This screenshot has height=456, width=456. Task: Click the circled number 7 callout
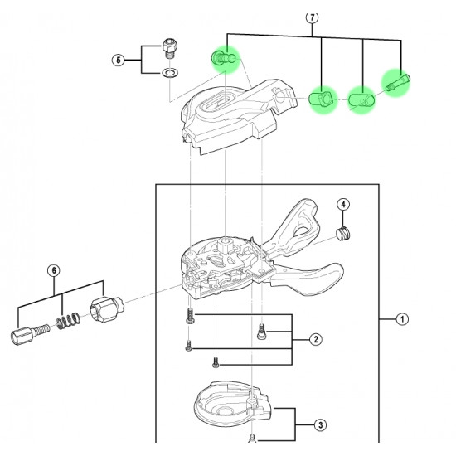(312, 17)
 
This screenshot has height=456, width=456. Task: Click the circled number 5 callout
(119, 61)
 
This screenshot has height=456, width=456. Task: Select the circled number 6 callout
(54, 271)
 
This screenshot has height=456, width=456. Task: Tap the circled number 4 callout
(343, 205)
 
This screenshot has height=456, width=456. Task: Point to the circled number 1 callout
(402, 319)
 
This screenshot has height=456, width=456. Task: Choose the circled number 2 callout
(316, 339)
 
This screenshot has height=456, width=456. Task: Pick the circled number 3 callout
(320, 425)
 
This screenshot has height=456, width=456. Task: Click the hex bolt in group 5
(169, 48)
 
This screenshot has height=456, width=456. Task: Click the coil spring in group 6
(69, 321)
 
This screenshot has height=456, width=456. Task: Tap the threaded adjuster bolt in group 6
(30, 333)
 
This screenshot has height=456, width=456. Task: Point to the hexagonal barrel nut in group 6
(107, 309)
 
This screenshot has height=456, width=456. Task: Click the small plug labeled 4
(343, 233)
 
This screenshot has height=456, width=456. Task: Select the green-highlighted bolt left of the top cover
(224, 57)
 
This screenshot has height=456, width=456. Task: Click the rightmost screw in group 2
(261, 332)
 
